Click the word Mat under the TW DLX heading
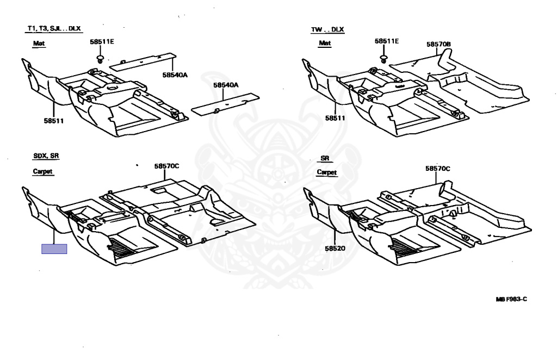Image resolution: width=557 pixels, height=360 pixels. [x=325, y=43]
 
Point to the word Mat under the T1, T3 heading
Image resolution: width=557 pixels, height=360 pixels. [x=39, y=42]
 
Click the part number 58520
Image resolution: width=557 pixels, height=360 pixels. [x=336, y=248]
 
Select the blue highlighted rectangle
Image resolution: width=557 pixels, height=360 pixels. [x=54, y=249]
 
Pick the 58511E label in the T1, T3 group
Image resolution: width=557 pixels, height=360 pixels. [x=102, y=41]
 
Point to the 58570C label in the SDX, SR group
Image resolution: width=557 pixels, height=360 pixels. [x=166, y=166]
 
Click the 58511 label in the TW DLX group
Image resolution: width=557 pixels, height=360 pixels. [x=336, y=117]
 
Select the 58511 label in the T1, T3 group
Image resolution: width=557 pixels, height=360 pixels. [x=54, y=120]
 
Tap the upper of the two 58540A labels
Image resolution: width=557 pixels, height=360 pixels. [x=174, y=75]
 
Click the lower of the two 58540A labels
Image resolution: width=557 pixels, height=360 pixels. [x=226, y=85]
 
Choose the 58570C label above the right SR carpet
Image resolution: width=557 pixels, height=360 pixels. [x=438, y=169]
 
